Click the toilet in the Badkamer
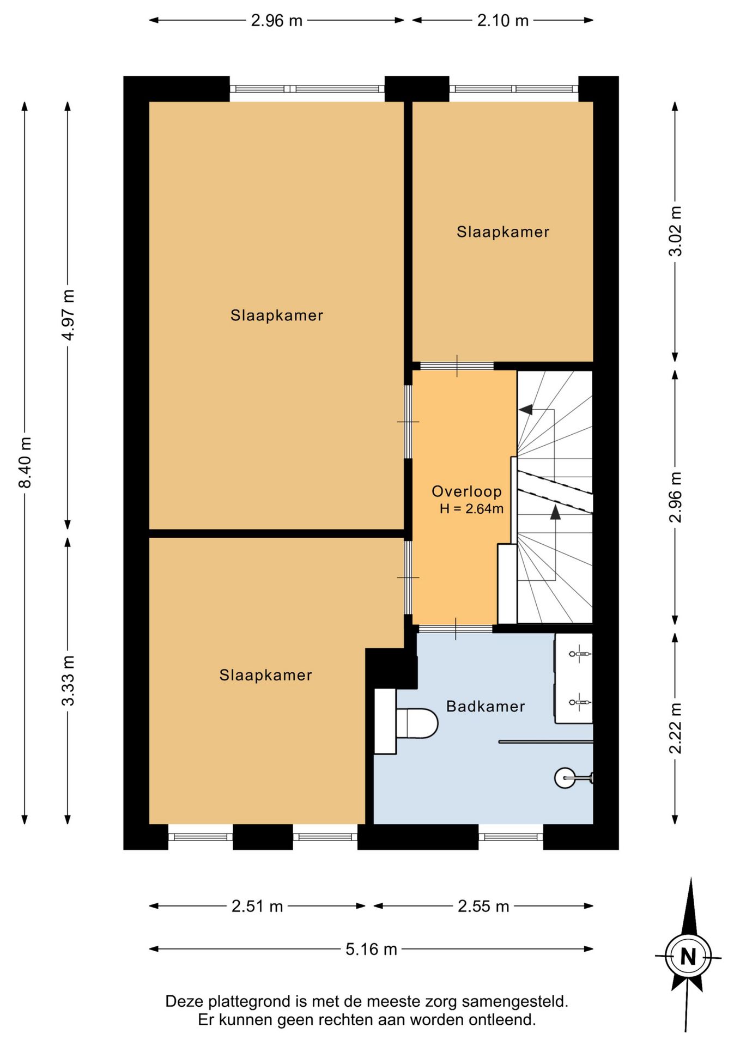click(417, 723)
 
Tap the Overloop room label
click(466, 491)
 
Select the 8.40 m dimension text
click(25, 462)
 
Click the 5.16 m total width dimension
click(371, 950)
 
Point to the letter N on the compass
click(688, 957)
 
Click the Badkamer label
click(486, 707)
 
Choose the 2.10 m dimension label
click(503, 21)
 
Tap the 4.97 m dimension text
click(68, 315)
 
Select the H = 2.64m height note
click(472, 509)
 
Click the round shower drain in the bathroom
click(565, 778)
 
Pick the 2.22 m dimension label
click(675, 728)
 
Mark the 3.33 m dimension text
click(68, 680)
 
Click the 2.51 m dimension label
click(257, 907)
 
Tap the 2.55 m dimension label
click(483, 907)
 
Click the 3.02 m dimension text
click(675, 231)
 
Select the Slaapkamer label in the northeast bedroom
click(503, 232)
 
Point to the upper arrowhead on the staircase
click(525, 409)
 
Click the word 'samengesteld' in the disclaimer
click(514, 1001)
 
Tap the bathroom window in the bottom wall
click(511, 837)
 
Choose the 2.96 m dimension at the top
click(277, 21)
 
